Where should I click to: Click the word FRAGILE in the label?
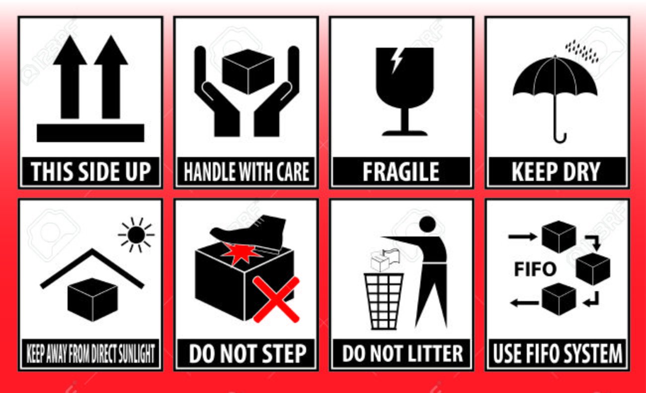401,172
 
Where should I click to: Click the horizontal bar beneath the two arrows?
90,133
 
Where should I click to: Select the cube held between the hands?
248,72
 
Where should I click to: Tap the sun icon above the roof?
136,235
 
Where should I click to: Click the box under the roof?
92,300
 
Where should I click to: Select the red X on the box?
276,300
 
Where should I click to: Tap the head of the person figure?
427,224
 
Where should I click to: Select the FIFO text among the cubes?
535,269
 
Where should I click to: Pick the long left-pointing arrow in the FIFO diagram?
524,303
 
